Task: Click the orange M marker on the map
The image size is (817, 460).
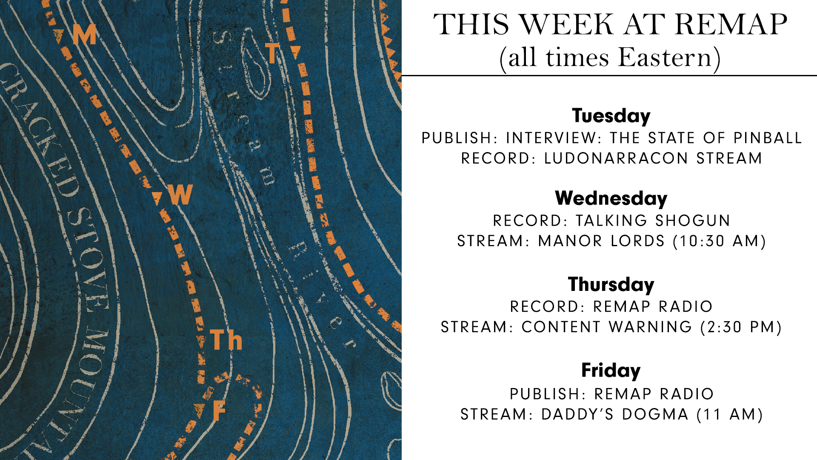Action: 84,34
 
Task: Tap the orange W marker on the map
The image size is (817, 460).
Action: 180,195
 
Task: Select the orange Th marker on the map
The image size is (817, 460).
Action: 226,340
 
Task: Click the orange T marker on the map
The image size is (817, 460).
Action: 272,53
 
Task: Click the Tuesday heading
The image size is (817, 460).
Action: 611,116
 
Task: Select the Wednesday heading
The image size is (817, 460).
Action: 611,198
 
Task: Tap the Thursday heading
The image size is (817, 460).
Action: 611,285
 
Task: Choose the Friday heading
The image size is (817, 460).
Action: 611,371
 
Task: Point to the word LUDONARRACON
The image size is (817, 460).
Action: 616,158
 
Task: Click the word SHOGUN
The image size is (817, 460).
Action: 693,221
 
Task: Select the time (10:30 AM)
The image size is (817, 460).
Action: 720,241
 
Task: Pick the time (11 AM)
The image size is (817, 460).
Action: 730,414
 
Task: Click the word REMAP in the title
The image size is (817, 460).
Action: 731,25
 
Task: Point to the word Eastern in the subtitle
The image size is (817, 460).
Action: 665,57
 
